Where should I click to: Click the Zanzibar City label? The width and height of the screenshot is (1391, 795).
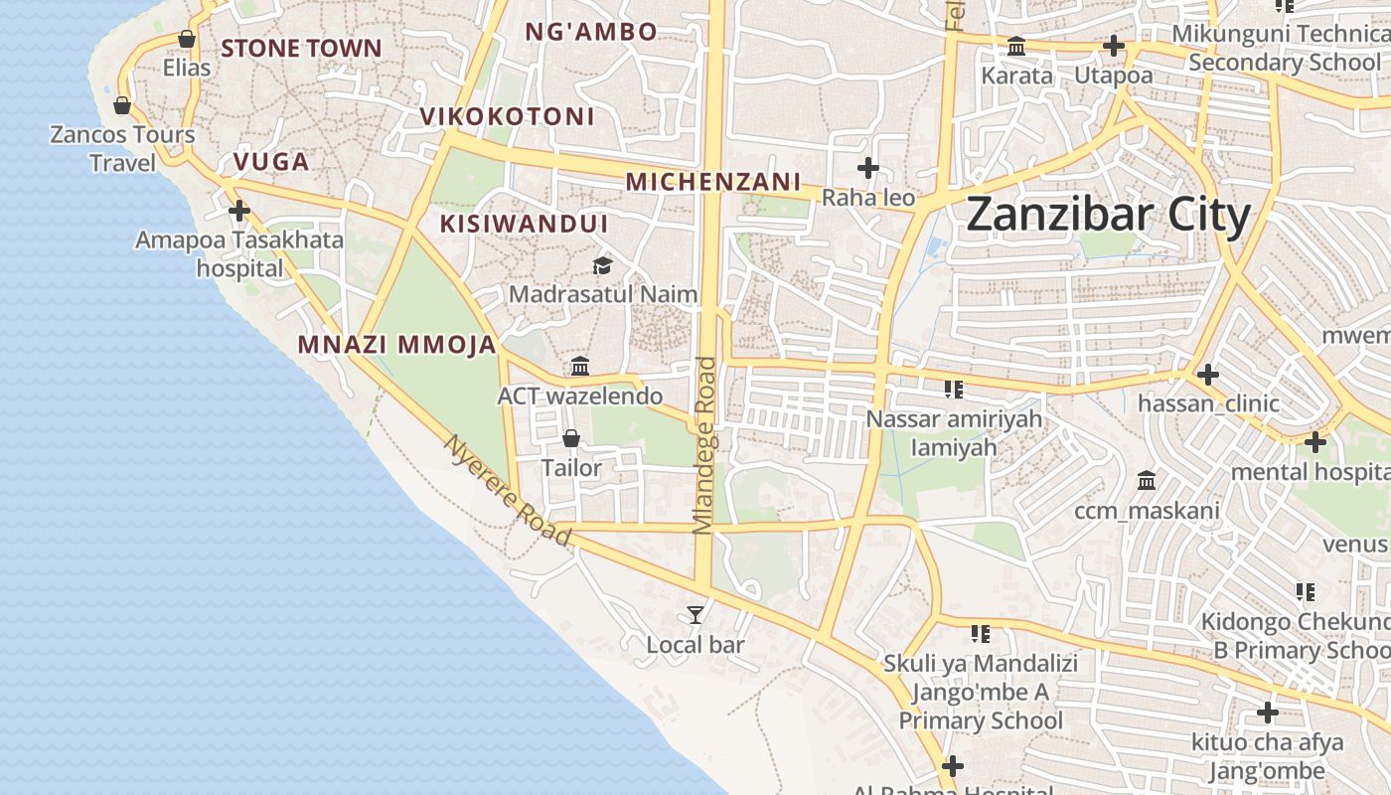pyautogui.click(x=1108, y=215)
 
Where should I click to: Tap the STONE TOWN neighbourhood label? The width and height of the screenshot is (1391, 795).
pyautogui.click(x=301, y=48)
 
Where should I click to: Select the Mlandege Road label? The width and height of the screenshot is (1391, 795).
pyautogui.click(x=704, y=445)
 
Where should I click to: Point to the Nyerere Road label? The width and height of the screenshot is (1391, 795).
pyautogui.click(x=508, y=490)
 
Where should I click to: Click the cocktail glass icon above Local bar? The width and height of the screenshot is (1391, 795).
pyautogui.click(x=695, y=615)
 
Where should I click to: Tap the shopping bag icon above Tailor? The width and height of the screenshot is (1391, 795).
pyautogui.click(x=571, y=437)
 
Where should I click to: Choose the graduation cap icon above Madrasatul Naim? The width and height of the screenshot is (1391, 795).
pyautogui.click(x=602, y=265)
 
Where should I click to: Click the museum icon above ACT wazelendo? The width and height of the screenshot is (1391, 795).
pyautogui.click(x=580, y=366)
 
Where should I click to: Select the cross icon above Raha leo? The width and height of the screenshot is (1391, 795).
pyautogui.click(x=868, y=168)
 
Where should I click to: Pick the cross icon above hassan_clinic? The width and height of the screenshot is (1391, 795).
pyautogui.click(x=1207, y=375)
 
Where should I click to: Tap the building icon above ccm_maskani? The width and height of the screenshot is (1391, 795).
pyautogui.click(x=1147, y=480)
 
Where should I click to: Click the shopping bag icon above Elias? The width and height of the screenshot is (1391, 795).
pyautogui.click(x=187, y=39)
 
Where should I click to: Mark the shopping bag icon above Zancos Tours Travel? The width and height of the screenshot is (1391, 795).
pyautogui.click(x=122, y=104)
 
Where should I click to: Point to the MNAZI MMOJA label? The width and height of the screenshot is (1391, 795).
pyautogui.click(x=396, y=345)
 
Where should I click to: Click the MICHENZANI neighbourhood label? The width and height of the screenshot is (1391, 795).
pyautogui.click(x=712, y=182)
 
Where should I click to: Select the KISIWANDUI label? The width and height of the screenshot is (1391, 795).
pyautogui.click(x=524, y=224)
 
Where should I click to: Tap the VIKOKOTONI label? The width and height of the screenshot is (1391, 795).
pyautogui.click(x=507, y=116)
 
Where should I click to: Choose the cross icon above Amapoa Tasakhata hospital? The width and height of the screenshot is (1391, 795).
pyautogui.click(x=239, y=211)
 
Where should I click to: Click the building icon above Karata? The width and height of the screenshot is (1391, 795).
pyautogui.click(x=1016, y=46)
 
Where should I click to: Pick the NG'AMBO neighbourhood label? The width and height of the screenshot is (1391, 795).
pyautogui.click(x=590, y=32)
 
